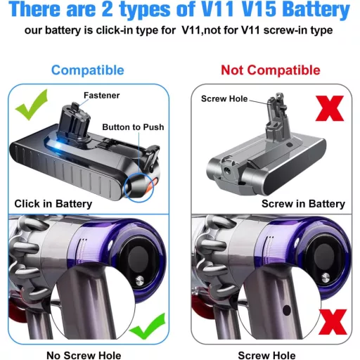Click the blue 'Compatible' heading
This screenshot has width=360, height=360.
[87, 70]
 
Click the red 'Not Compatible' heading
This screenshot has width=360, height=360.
[270, 70]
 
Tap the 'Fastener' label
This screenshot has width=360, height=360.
[101, 95]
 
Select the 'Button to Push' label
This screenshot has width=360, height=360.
[133, 127]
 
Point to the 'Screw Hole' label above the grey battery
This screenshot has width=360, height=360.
[224, 99]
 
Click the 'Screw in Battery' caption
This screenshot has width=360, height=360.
[303, 203]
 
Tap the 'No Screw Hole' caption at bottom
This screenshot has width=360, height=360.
[84, 355]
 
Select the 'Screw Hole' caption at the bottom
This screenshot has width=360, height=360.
[266, 355]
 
